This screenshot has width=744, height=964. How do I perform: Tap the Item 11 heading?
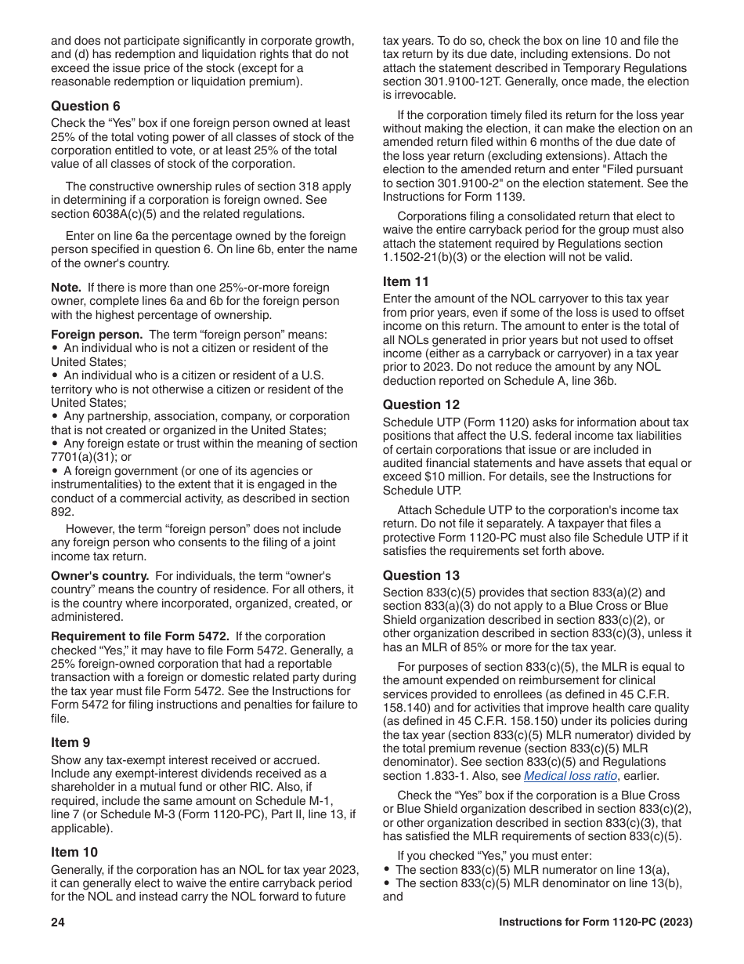point(406,281)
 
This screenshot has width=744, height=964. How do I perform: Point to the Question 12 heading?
point(421,404)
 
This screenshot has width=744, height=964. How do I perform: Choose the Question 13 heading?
point(421,575)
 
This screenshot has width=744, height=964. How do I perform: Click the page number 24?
point(58,922)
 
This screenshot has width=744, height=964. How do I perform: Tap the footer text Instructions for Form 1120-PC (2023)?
point(595,922)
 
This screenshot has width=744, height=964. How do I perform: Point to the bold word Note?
point(66,288)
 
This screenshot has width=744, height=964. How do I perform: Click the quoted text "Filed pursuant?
point(643,169)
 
